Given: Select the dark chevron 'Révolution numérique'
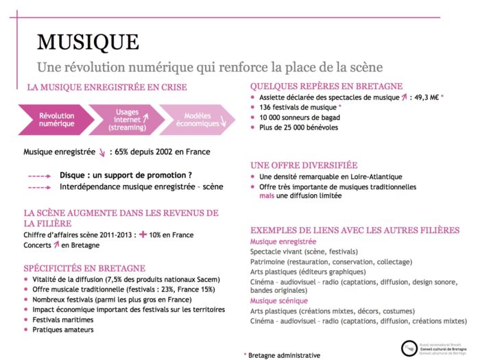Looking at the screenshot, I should coord(56,120).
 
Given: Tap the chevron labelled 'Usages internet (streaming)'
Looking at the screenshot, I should coord(127,119).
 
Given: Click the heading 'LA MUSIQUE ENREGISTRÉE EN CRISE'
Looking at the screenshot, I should coord(106,88).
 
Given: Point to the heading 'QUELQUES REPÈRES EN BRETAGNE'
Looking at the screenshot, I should coord(326,86).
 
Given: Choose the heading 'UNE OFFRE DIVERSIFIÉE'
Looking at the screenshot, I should coord(304,165).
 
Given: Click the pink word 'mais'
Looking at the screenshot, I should coord(266,195).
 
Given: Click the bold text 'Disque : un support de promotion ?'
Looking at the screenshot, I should coord(125,175).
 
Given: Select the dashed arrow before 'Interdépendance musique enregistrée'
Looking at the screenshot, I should coord(39,186).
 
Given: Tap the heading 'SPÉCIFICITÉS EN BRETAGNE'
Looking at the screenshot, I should coord(84,267).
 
